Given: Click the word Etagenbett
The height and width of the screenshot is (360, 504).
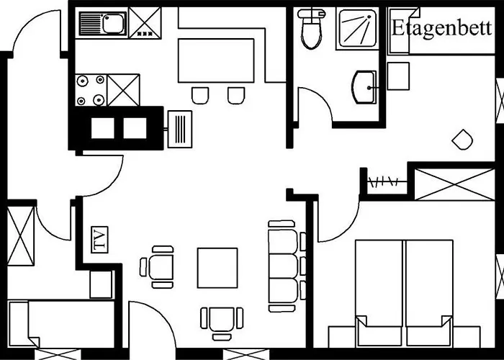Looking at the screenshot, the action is coord(441,29).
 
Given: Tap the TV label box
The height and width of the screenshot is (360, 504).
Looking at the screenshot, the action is coord(99,240).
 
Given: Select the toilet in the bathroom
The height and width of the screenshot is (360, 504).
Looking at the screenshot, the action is coord(311,28).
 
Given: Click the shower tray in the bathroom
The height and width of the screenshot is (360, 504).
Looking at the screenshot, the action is coord(357,28).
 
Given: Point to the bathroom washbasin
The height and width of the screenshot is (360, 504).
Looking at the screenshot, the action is coord(364,87).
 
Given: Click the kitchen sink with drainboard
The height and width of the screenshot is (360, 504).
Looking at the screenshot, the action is coord(102,23).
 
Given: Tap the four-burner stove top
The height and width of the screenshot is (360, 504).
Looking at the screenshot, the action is coord(91,90).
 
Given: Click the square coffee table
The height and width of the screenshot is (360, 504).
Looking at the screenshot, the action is coord(217,268).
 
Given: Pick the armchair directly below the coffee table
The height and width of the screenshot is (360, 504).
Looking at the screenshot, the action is coord(222,323).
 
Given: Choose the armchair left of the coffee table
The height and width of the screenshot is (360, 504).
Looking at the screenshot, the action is coord(158,267).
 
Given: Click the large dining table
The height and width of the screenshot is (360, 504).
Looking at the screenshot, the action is coord(216,60).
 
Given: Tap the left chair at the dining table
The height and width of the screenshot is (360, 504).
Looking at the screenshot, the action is coord(200,96).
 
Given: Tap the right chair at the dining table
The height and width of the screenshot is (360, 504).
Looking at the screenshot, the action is coord(236,96).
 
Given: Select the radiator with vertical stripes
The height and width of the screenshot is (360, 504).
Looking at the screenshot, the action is coord(180,129).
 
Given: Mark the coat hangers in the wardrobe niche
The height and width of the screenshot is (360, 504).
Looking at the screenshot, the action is coord(384,182).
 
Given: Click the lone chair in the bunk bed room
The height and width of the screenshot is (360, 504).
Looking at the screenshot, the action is coord(462,140).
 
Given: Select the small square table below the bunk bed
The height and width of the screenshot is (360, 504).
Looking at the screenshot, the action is coord(398,76).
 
